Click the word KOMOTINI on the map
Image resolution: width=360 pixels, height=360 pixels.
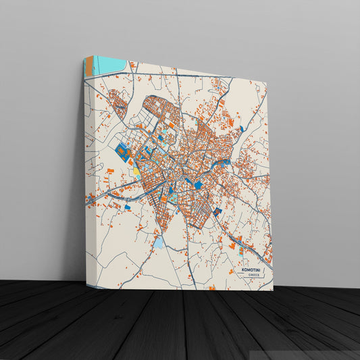point(254,269)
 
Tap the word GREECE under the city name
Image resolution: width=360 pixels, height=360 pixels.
point(254,276)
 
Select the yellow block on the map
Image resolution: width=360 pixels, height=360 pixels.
point(137,170)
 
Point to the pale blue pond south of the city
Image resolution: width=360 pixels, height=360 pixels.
point(159,241)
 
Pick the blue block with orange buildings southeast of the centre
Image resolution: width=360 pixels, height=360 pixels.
point(217,213)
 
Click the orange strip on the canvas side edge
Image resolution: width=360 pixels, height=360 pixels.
point(88,68)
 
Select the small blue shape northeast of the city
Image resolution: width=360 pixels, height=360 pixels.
point(241,128)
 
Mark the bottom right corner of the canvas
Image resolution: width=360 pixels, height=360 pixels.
point(273,290)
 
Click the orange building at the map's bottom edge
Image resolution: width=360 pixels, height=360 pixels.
point(212,288)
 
